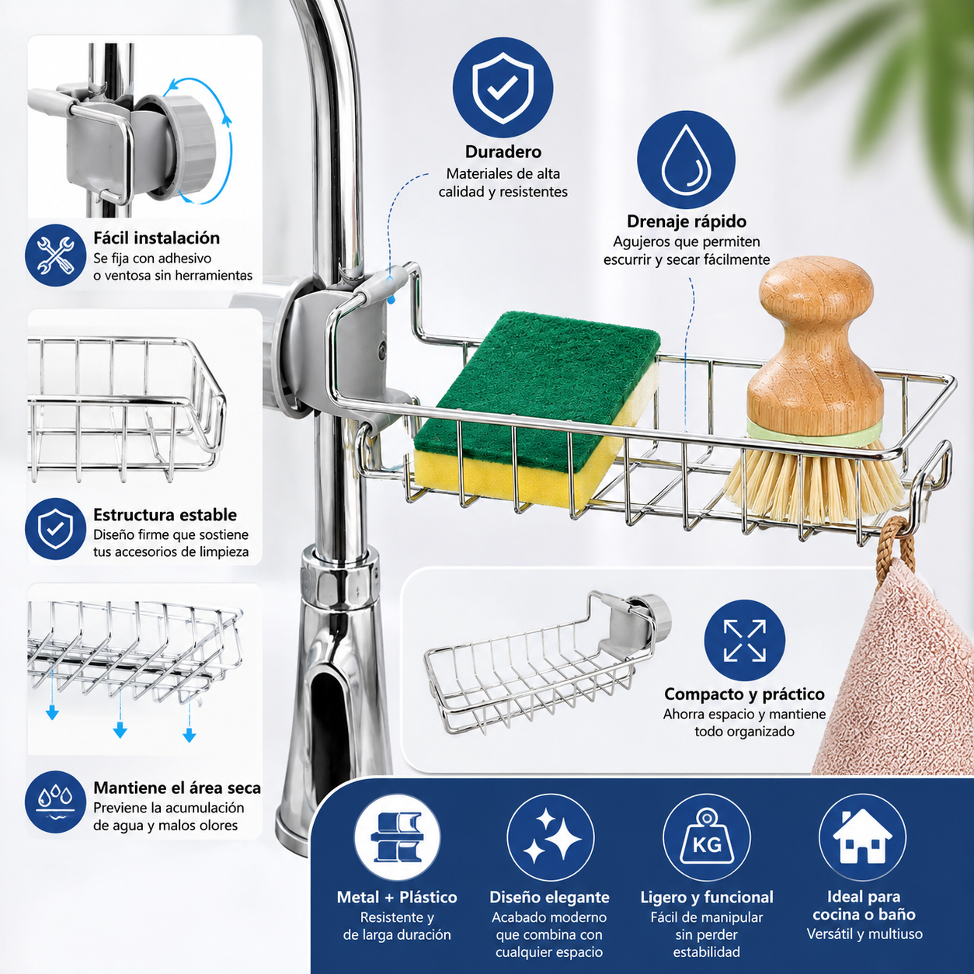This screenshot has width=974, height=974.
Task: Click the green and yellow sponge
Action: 537,409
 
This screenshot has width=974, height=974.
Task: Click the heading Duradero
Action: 503,151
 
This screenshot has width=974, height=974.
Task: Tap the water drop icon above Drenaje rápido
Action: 686,160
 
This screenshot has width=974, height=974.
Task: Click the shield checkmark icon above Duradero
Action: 503,88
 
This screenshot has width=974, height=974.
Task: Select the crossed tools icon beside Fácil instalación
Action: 55,256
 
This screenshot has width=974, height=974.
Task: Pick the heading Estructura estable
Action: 165,514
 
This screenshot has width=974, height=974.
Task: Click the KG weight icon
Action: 707,837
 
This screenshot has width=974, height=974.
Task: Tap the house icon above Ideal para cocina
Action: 862,837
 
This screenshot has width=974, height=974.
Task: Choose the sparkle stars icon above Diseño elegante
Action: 551,837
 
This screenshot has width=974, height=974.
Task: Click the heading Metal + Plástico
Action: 397,897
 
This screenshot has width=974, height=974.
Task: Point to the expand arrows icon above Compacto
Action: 745,641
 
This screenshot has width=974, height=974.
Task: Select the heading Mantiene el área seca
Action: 177,788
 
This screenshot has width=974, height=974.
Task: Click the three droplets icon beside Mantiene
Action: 55,802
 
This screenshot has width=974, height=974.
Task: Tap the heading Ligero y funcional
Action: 707,897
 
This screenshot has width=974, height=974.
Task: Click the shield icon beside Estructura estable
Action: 55,529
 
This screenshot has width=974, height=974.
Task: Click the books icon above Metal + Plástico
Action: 397,837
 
